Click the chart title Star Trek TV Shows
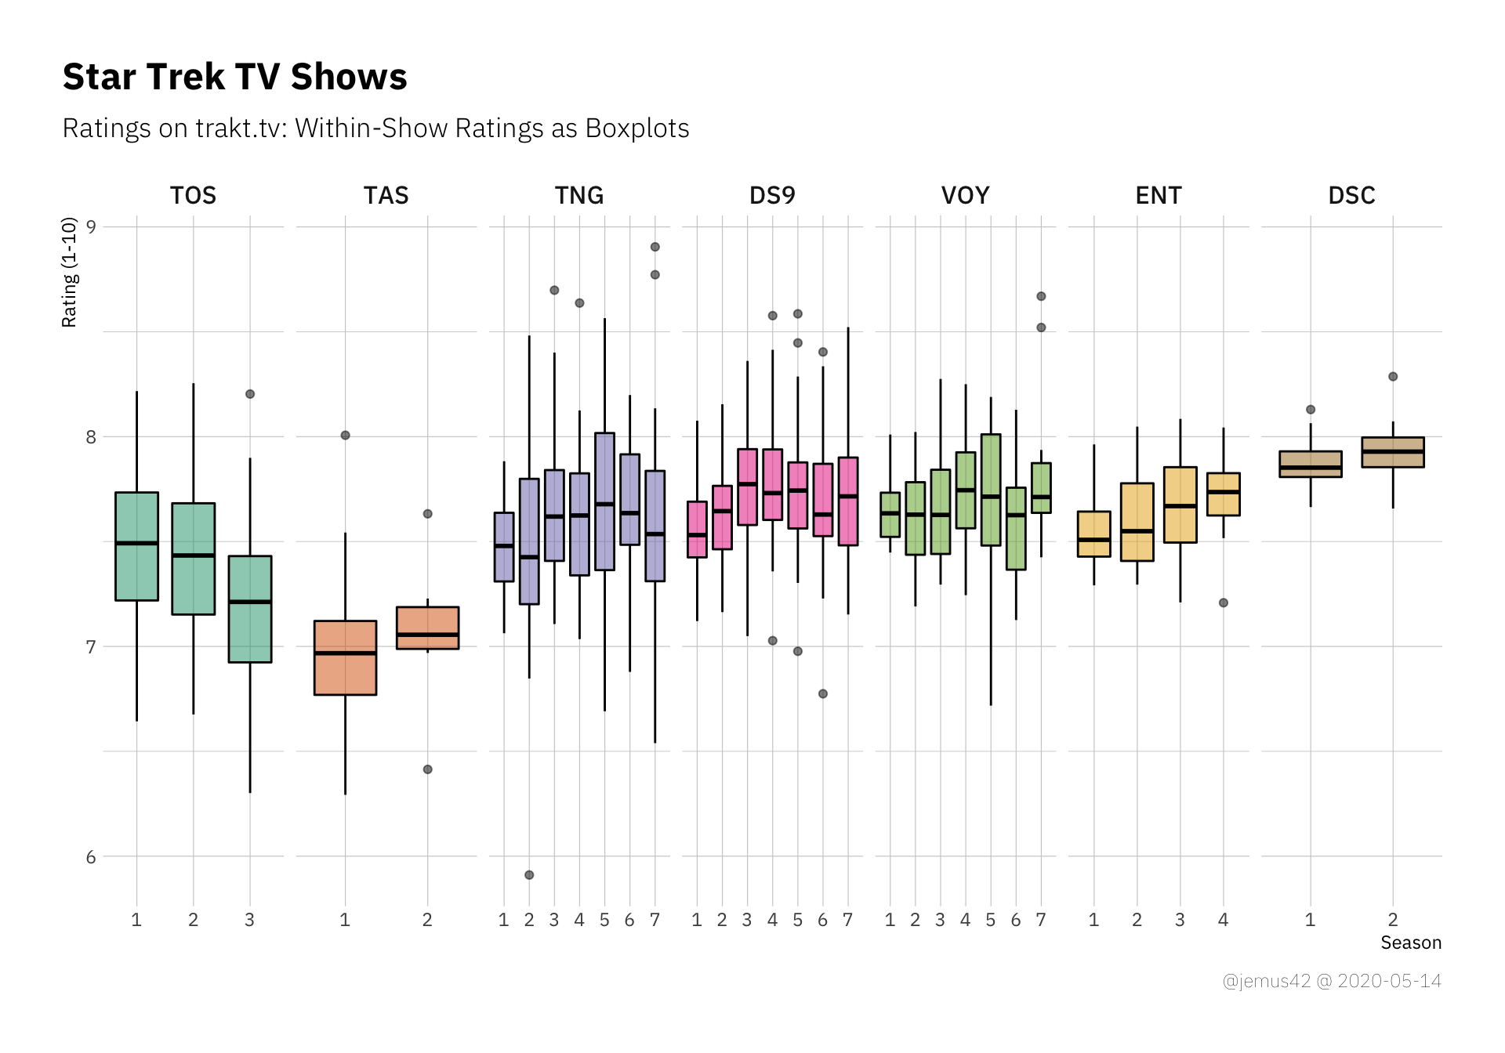[234, 77]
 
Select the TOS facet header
[193, 195]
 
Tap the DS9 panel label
[772, 195]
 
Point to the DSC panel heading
[1351, 195]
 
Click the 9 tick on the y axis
[91, 227]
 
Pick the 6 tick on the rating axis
[91, 857]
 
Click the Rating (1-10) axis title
[70, 272]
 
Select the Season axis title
[1410, 943]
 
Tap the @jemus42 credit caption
[1331, 981]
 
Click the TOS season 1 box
[136, 546]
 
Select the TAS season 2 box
[427, 628]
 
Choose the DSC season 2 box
[1392, 452]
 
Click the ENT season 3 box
[1180, 505]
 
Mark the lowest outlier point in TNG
[529, 874]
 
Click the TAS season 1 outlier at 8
[345, 435]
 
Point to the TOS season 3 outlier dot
[250, 394]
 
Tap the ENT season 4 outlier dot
[1223, 602]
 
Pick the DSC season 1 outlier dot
[1310, 409]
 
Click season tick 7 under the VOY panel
[1040, 920]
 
